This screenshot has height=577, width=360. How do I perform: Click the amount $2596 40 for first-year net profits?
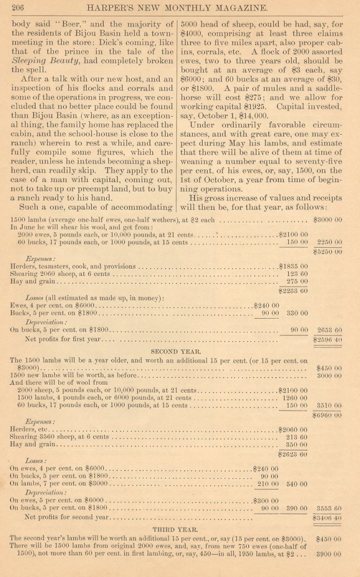click(328, 339)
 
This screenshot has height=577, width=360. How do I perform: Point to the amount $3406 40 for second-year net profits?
click(328, 518)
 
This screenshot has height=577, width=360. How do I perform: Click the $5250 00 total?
click(328, 252)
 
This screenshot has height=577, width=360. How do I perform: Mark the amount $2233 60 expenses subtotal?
click(293, 290)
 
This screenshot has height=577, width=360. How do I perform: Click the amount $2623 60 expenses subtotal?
click(293, 454)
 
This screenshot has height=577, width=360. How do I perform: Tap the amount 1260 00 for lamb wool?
click(295, 398)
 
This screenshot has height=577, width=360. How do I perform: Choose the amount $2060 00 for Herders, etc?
click(293, 430)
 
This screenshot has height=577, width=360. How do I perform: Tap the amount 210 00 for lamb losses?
click(266, 484)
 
